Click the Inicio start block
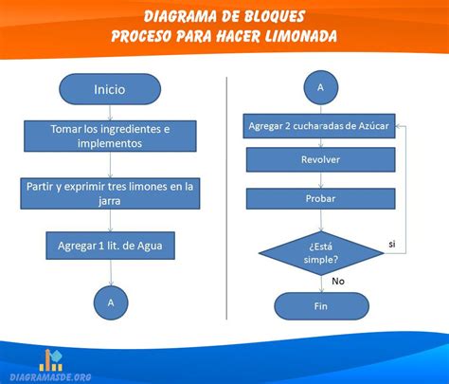coord(110,89)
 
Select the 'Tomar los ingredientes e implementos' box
coord(110,136)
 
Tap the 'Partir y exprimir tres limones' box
coord(110,193)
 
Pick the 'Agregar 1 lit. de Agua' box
coord(110,246)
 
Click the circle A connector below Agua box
coord(111,302)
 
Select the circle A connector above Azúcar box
coord(321,87)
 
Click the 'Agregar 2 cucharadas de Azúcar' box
coord(319,126)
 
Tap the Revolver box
coord(320,159)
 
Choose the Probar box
coord(320,198)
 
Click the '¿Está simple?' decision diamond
coord(321,253)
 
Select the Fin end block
coord(321,306)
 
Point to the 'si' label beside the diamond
coord(392,244)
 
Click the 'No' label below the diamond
coord(338,281)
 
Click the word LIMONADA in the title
coord(300,36)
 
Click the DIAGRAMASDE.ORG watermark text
coord(50,377)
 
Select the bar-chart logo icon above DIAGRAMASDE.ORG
coord(51,360)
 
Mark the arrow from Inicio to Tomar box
coord(110,113)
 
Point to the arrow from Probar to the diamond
coord(321,220)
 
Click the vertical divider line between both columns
coord(226,198)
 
